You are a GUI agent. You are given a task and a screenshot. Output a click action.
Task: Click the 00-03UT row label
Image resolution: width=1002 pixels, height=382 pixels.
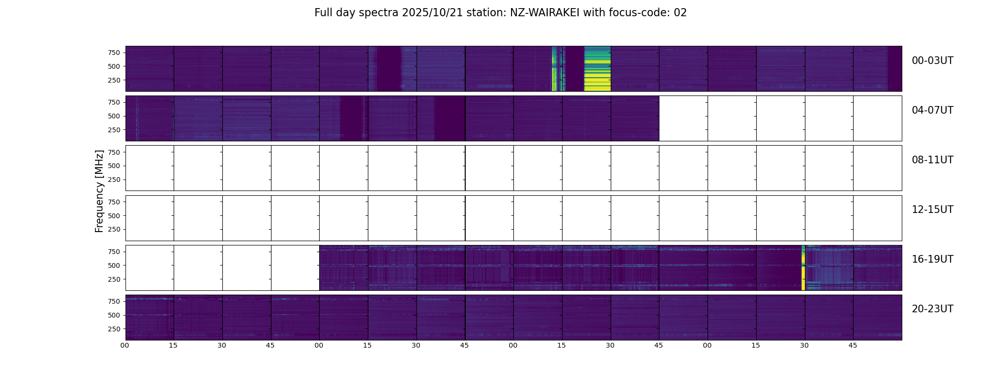pos(932,61)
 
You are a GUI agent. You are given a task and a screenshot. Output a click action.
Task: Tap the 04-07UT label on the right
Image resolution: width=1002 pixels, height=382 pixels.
pos(932,110)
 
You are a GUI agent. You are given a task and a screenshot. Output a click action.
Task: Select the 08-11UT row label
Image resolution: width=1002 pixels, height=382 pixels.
pos(932,160)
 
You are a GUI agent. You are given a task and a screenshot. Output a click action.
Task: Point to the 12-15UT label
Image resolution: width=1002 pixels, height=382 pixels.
pos(932,210)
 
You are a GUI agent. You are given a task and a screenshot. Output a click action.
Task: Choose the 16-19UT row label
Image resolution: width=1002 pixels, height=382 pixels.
pos(932,259)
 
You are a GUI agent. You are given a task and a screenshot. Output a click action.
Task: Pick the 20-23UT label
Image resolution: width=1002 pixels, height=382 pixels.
pos(932,309)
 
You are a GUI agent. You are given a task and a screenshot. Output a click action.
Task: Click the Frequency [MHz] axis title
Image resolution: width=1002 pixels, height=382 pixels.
pos(99,191)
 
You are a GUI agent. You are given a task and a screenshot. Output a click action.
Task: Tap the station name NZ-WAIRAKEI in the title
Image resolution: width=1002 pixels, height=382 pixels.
pos(544,13)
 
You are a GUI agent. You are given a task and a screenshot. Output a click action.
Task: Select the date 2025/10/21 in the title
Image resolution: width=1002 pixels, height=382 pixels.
pos(432,13)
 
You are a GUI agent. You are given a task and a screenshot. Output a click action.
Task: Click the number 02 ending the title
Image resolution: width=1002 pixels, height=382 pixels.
pos(680,13)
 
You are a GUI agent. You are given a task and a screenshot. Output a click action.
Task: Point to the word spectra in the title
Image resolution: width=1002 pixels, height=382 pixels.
pos(379,13)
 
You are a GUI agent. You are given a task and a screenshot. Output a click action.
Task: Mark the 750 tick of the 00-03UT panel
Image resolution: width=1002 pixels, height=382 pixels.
pos(114,53)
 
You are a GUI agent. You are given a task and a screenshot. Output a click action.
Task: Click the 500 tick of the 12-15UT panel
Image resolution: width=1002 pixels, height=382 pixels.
pos(114,216)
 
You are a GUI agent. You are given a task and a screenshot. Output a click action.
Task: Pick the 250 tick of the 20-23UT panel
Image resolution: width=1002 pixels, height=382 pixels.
pos(114,329)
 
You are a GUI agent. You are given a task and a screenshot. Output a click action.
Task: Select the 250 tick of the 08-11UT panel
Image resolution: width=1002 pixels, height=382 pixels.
pos(114,180)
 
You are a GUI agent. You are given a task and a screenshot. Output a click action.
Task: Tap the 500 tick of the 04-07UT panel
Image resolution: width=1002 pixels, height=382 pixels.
pos(114,116)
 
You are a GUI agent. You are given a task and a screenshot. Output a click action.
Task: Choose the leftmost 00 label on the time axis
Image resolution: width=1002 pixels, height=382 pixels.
pos(125,345)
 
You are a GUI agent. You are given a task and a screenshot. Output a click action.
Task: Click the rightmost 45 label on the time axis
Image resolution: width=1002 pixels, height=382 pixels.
pos(853,345)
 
